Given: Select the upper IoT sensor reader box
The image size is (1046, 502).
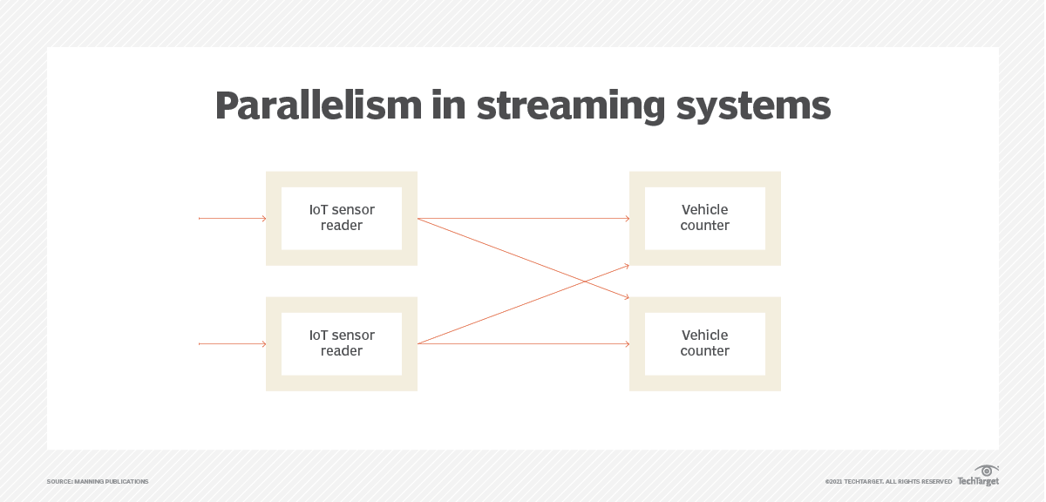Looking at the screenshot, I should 342,218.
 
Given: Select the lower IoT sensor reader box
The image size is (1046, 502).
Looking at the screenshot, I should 342,343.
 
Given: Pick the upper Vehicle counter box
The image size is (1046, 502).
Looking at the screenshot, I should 704,218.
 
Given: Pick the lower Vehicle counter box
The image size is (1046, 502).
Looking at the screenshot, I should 704,343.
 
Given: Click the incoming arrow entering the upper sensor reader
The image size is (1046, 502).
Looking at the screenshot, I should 232,219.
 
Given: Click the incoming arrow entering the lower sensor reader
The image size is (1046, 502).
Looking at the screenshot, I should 232,344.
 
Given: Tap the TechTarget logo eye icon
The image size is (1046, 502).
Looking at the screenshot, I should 987,471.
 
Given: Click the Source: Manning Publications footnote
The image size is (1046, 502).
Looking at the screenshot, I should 98,482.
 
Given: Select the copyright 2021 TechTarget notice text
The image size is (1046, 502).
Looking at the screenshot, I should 888,482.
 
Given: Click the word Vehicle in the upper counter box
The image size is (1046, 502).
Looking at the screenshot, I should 704,210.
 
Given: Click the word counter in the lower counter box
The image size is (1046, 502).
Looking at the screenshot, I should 704,351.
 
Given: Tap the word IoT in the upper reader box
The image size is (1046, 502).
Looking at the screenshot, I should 319,210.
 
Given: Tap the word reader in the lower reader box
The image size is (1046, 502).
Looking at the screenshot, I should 342,351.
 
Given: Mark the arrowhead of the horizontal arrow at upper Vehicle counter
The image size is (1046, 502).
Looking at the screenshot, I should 626,219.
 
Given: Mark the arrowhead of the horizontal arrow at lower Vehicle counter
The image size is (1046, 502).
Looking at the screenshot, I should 626,344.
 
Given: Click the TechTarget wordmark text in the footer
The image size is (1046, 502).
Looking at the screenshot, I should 977,482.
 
